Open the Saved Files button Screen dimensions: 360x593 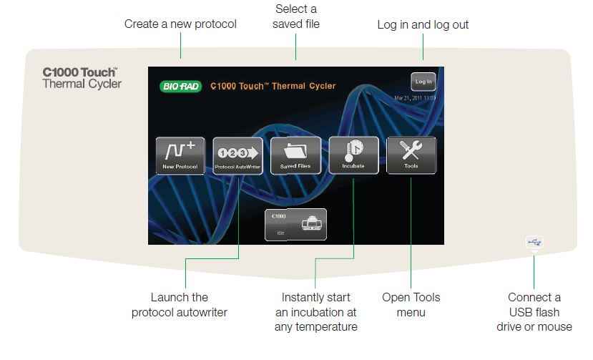pos(295,155)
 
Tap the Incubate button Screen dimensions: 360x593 pos(353,155)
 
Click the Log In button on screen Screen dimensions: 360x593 pos(423,82)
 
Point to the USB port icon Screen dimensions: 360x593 pos(534,243)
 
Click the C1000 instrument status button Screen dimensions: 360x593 pos(295,224)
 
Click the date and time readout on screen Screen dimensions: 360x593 pos(415,97)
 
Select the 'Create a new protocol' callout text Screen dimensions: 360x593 pos(180,24)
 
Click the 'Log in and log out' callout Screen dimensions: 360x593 pos(423,24)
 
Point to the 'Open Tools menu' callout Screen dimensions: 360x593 pos(411,304)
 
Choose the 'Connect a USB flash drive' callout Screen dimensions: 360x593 pos(534,312)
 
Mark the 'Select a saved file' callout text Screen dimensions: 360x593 pos(296,16)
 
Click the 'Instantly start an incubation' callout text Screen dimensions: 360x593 pos(316,312)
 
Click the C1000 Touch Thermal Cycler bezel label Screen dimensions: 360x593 pos(82,78)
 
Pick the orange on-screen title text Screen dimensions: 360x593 pos(273,87)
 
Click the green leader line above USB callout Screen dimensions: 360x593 pos(534,268)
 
